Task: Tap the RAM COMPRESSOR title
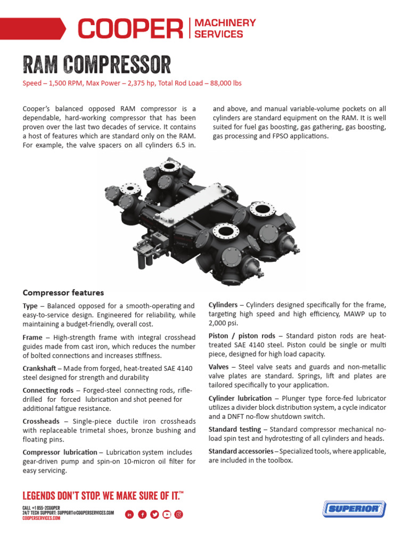96,65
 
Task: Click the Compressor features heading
63,293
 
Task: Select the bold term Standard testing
234,429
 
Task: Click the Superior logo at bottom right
354,509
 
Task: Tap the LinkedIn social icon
129,514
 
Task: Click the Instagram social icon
179,514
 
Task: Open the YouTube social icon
167,514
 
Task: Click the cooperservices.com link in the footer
41,518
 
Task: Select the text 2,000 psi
224,323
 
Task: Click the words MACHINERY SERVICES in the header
225,28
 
